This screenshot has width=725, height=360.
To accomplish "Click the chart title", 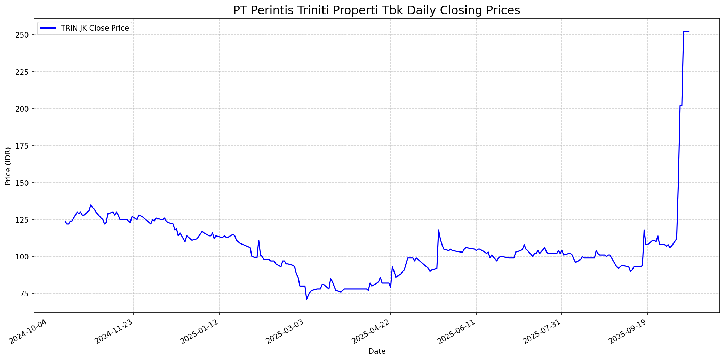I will point(376,10).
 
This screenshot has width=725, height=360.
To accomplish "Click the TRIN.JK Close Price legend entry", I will point(95,28).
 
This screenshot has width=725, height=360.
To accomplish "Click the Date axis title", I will point(377,352).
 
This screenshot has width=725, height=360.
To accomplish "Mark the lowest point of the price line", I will point(306,299).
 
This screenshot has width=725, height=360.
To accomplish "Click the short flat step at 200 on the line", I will point(681,105).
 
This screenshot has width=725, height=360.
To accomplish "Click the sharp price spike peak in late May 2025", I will point(438,230).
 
